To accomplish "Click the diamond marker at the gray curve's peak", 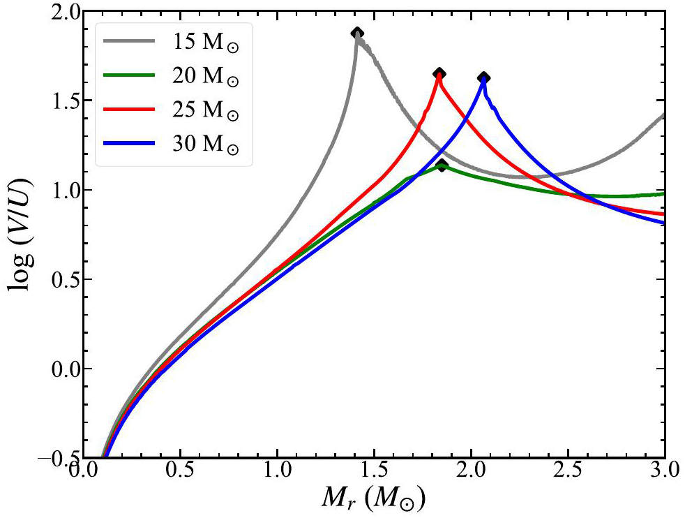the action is point(357,34).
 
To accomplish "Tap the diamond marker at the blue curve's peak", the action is point(483,77).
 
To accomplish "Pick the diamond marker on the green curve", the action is point(442,165).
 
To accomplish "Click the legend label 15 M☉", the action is point(205,43).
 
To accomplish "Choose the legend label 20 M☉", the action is point(205,77).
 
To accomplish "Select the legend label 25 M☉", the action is point(205,110).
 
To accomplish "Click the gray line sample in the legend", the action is point(129,40).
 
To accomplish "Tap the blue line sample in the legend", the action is point(129,142).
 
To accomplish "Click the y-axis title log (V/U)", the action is point(20,234).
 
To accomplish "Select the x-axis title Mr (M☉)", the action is point(372,498).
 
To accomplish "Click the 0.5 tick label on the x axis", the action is point(179,471).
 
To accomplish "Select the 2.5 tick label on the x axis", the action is point(568,471).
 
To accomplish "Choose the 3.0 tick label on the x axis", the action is point(665,471).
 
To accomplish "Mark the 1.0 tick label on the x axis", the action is point(277,471).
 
